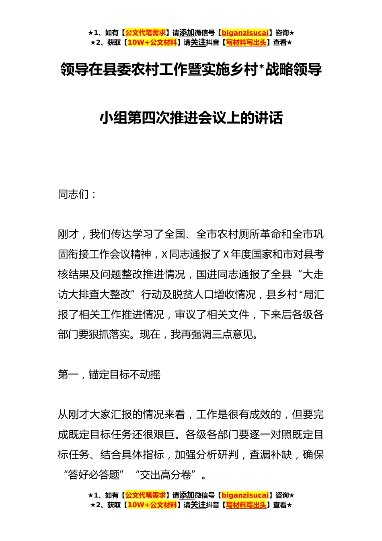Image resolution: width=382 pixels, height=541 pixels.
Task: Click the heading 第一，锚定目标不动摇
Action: (109, 375)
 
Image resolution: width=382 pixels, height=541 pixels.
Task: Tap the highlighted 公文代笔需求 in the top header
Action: (146, 33)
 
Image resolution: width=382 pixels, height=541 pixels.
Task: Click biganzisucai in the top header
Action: (245, 33)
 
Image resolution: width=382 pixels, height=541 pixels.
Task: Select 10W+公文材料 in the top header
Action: (152, 43)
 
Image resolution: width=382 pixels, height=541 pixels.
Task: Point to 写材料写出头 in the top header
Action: (246, 43)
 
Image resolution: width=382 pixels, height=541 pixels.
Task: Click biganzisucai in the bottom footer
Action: (245, 496)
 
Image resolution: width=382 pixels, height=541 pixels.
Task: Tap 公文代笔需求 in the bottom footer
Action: (146, 496)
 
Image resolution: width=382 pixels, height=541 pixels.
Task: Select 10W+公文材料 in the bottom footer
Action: (152, 505)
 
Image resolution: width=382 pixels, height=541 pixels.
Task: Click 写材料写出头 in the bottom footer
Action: (246, 505)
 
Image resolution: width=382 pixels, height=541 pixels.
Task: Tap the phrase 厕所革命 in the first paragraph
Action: (260, 234)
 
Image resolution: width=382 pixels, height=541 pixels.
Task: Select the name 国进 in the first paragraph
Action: (207, 275)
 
